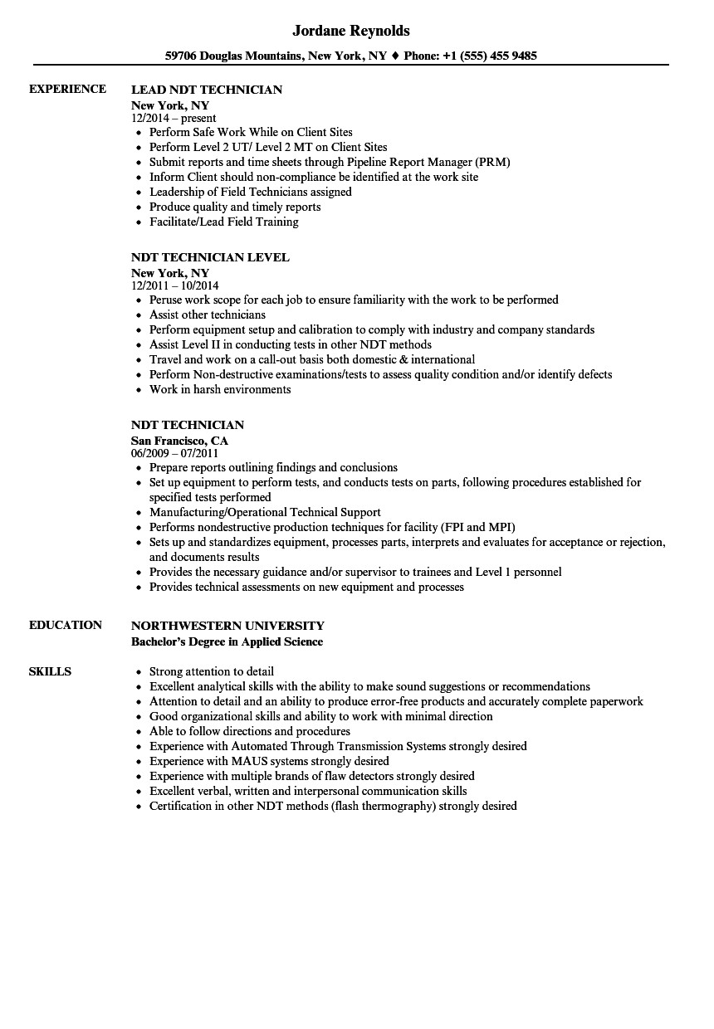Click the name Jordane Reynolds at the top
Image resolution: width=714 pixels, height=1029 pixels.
(351, 31)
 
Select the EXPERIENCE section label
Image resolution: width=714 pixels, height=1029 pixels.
(67, 89)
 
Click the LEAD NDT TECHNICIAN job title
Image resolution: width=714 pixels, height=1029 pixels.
(207, 90)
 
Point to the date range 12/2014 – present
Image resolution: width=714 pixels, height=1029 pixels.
(174, 119)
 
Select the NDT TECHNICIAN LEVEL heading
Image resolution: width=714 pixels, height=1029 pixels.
(210, 257)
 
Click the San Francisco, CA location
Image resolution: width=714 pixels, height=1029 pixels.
(179, 441)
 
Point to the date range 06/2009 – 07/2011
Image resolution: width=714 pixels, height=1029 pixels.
(174, 454)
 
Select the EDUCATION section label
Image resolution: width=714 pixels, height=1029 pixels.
(66, 625)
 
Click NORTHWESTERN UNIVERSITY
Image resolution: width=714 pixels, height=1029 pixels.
(227, 626)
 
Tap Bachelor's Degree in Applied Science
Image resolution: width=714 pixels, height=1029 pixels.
(227, 641)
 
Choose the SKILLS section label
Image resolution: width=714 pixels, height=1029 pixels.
(50, 671)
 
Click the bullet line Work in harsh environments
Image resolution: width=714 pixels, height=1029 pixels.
(220, 389)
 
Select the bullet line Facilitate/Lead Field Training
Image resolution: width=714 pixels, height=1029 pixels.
(223, 222)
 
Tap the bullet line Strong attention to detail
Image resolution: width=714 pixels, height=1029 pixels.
(212, 671)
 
